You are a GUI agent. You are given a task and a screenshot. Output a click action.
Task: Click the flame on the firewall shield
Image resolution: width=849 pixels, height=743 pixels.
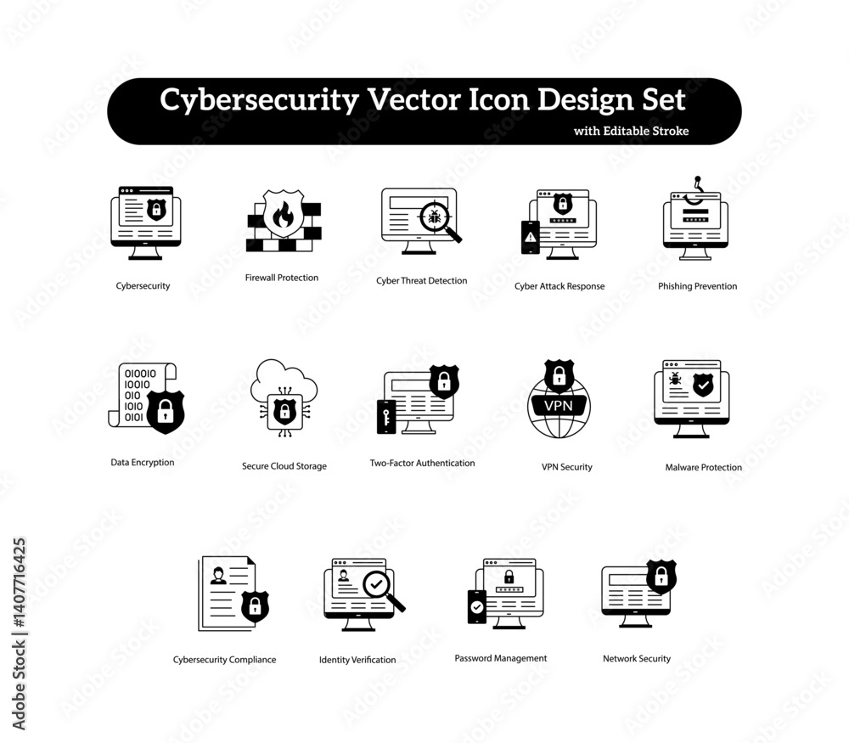coord(283,215)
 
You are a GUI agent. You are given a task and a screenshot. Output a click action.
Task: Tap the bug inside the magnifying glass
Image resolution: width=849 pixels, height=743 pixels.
coord(434,217)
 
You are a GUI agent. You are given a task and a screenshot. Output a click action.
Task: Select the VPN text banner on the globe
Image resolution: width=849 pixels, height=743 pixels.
coord(559,406)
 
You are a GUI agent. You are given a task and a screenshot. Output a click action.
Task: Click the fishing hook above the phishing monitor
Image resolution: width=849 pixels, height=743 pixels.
coord(694,191)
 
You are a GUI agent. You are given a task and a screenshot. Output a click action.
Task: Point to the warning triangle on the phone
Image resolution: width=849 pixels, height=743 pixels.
coord(531,237)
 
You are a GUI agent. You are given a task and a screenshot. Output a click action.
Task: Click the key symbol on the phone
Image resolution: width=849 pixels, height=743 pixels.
coord(386,418)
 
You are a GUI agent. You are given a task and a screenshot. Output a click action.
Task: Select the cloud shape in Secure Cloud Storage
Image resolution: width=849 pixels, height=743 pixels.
coord(284,382)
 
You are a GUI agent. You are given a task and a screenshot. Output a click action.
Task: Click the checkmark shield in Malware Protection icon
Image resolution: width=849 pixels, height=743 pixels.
coord(703,385)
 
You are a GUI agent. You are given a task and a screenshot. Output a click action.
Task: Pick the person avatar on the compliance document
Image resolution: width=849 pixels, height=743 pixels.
coord(218,576)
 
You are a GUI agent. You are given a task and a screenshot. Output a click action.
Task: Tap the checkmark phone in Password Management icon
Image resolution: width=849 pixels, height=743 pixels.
coord(476,607)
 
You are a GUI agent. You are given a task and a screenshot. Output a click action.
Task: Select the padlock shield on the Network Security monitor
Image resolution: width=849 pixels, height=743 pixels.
coord(661,577)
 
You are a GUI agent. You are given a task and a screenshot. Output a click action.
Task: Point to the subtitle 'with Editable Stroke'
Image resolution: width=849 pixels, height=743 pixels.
coord(632,131)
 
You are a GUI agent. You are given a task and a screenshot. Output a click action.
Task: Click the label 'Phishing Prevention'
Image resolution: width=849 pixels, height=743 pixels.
coord(697,286)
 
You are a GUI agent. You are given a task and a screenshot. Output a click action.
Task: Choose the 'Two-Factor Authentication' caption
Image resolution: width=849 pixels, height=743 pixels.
coord(422,463)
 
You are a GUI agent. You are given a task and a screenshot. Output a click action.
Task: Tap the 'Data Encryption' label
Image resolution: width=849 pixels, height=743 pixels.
coord(143,463)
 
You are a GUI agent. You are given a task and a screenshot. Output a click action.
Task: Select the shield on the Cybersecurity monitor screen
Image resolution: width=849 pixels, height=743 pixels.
coord(156,209)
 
